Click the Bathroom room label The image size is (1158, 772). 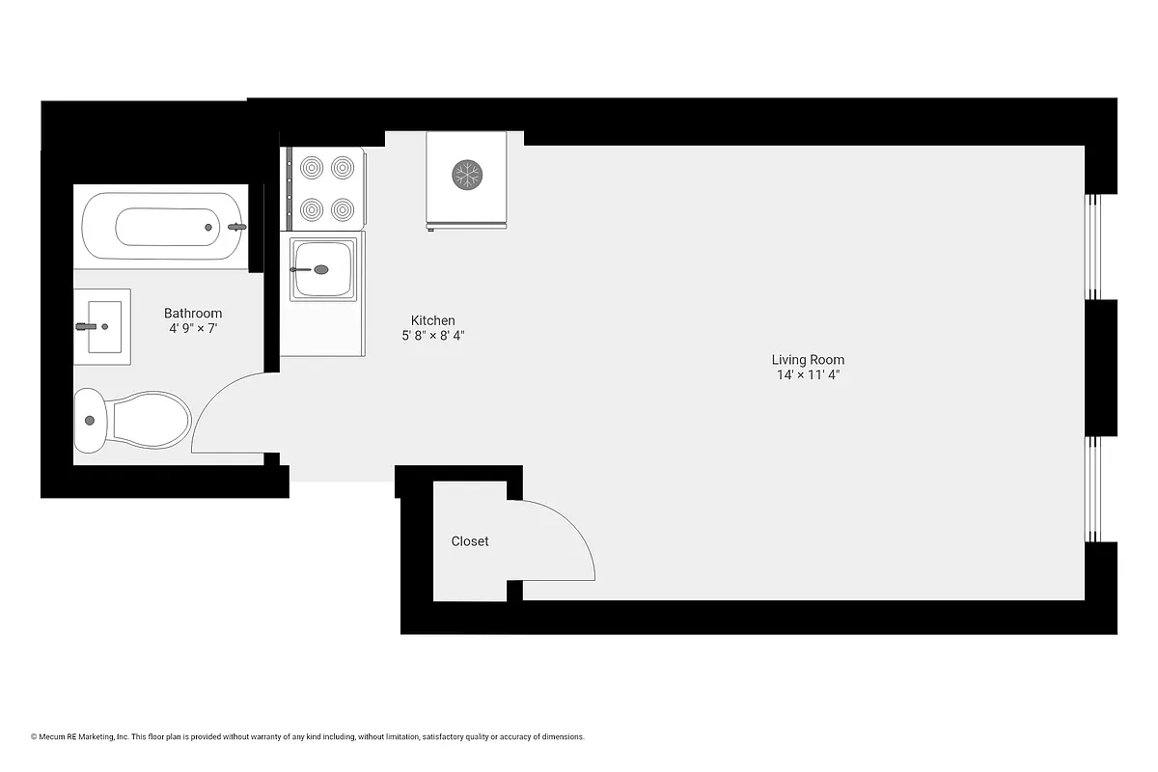tap(193, 313)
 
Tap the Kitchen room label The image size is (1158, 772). tap(432, 320)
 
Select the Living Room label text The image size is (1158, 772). tap(808, 360)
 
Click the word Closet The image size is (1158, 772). tap(470, 541)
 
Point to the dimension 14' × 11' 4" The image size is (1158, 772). tap(808, 375)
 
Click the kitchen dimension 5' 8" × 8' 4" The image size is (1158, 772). tap(433, 336)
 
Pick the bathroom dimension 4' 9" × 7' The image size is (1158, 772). tap(193, 328)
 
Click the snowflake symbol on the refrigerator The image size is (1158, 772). tap(468, 175)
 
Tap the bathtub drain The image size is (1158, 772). tap(207, 227)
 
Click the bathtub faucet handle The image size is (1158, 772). tap(237, 227)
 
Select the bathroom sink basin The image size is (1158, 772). tap(103, 327)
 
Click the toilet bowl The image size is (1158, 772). tap(150, 420)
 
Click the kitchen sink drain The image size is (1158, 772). tap(320, 269)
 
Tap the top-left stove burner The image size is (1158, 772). tap(312, 168)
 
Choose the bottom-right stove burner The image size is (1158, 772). tap(343, 208)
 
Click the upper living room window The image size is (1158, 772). tap(1093, 246)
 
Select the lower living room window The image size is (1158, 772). tap(1093, 488)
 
